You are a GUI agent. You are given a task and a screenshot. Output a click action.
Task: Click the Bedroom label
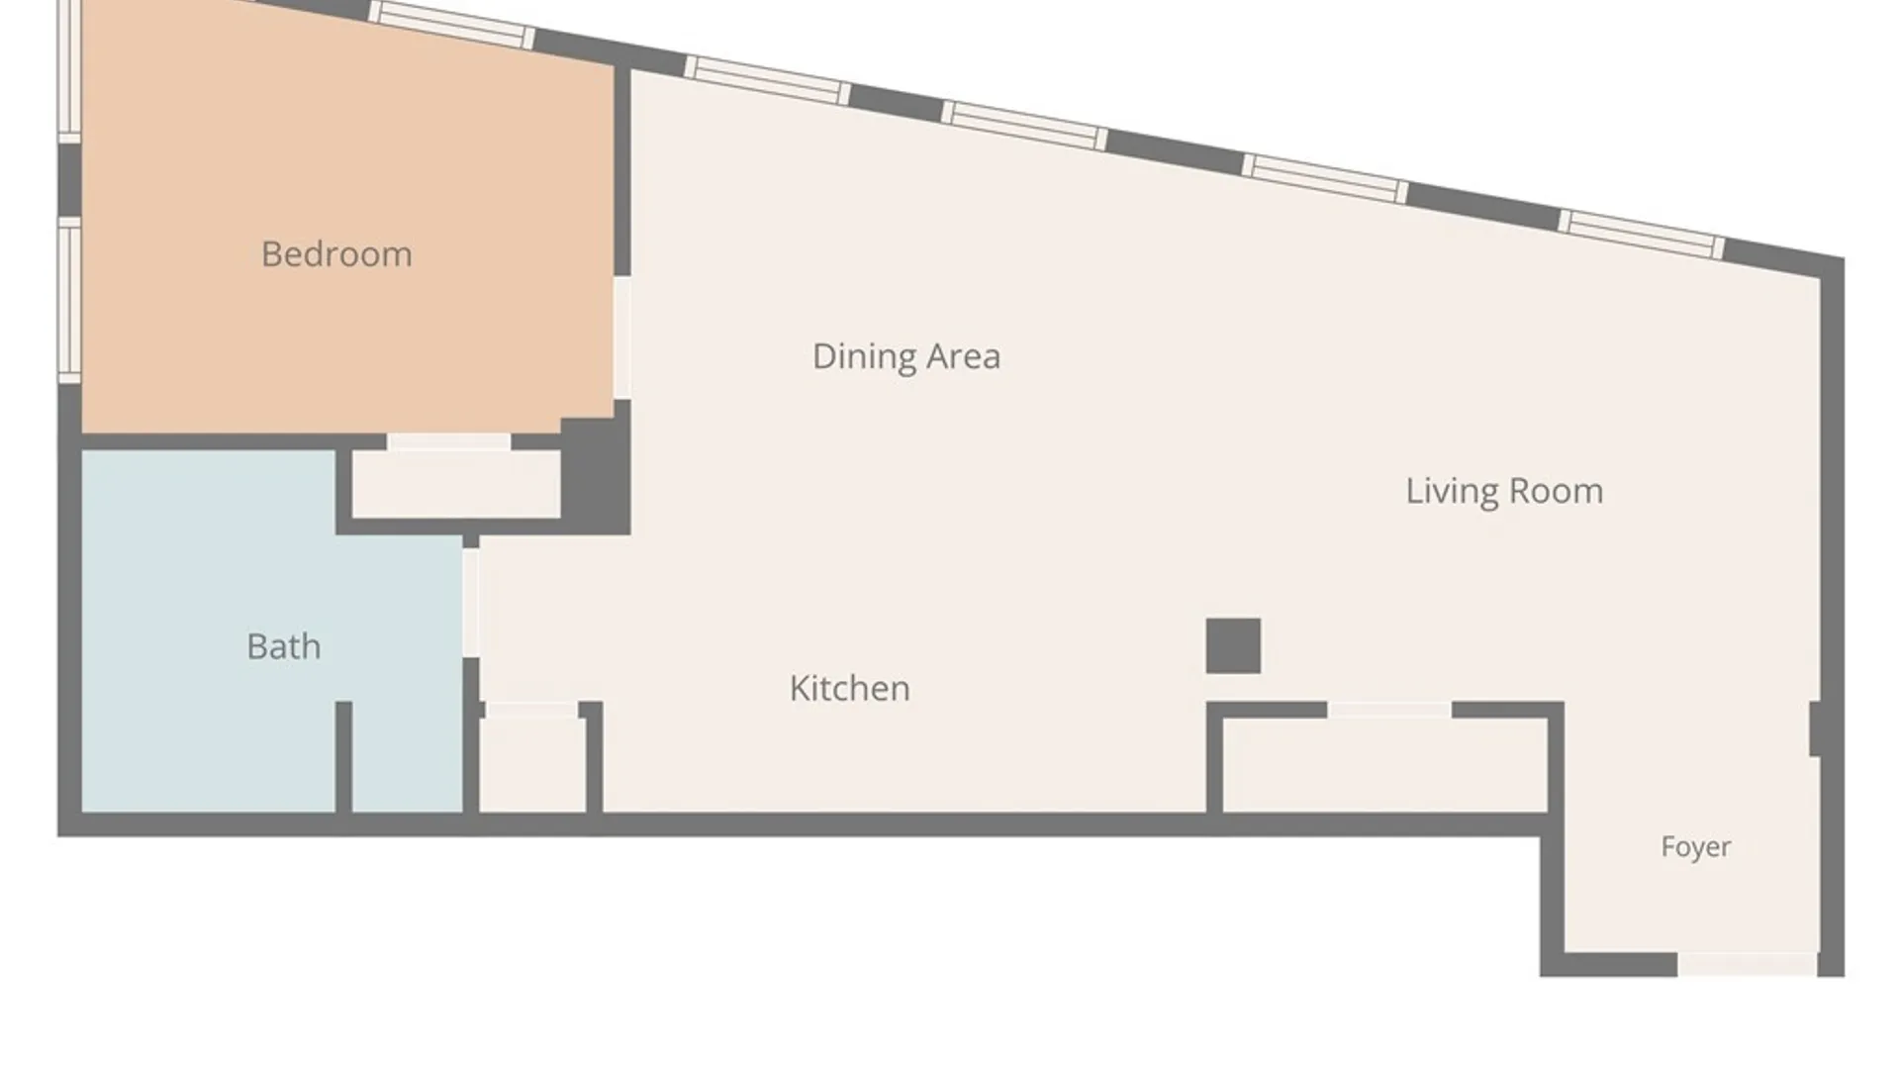336,254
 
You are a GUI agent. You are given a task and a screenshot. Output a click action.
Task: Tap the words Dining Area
906,356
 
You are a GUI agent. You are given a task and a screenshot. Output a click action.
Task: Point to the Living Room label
1504,491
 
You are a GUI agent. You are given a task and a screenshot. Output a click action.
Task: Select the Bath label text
284,646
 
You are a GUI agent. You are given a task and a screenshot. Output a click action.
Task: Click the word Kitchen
850,688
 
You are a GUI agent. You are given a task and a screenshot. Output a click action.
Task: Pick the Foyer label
1696,847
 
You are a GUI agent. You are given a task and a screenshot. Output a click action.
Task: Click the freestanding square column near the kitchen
1233,646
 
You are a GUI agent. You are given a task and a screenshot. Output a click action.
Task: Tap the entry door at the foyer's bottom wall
1747,964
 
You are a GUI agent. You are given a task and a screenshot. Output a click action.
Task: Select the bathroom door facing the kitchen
471,602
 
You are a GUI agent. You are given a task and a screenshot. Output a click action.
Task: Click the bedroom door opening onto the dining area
622,338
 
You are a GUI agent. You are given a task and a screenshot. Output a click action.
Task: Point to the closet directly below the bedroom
456,484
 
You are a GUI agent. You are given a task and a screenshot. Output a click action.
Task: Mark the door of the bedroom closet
448,442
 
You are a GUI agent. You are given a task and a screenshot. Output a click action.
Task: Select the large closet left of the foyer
1385,765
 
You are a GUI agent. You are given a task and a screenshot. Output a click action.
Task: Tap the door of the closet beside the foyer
1389,710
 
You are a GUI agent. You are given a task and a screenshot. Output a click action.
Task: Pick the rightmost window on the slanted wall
1642,235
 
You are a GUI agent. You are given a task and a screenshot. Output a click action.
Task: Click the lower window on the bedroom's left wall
69,300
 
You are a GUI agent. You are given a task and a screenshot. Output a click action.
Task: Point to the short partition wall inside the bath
343,757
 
